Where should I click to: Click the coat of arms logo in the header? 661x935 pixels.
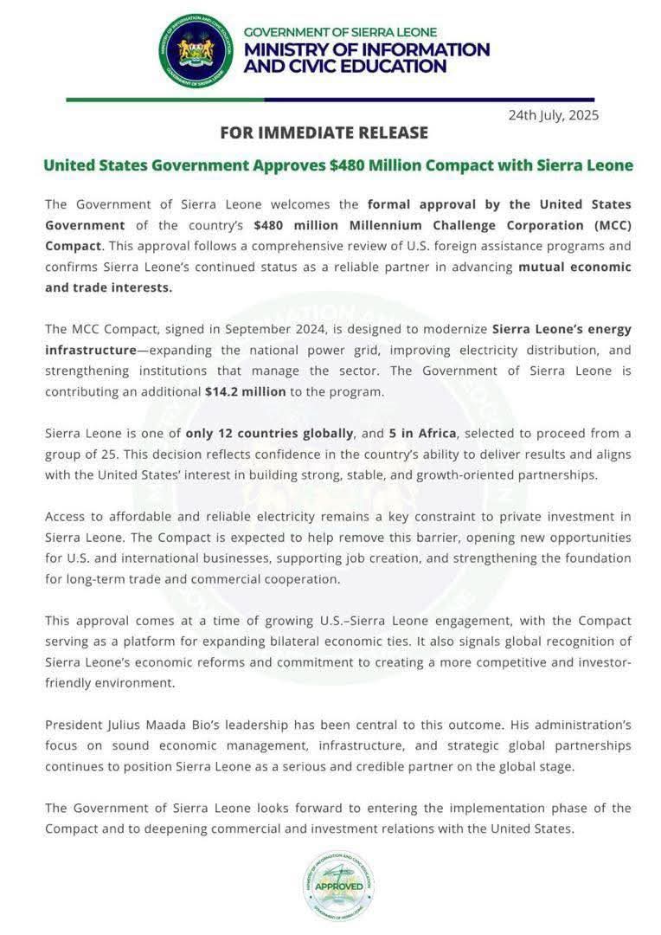196,50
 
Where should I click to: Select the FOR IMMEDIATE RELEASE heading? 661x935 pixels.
324,132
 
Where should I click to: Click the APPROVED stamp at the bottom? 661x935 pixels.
338,885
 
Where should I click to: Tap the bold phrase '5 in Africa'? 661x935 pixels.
423,432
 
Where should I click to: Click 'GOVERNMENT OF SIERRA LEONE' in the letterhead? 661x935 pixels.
340,32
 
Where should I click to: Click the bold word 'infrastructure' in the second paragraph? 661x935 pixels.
87,350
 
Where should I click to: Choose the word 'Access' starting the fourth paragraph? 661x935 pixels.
67,516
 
